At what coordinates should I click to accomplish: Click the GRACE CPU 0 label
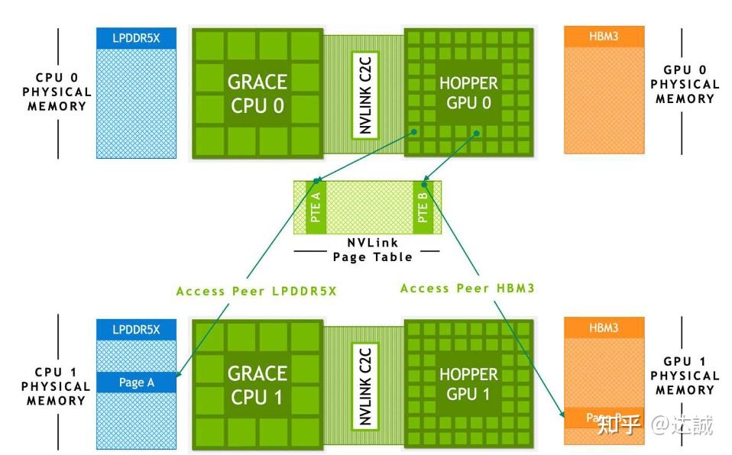(x=257, y=93)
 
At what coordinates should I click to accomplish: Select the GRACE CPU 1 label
(x=257, y=385)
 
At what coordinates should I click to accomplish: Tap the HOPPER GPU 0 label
(x=468, y=93)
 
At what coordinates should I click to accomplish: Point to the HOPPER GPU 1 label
(x=468, y=385)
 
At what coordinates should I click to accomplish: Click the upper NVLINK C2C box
(x=365, y=93)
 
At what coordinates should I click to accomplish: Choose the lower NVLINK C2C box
(x=365, y=385)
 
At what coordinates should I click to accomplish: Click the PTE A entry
(x=316, y=207)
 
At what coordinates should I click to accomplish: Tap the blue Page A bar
(x=136, y=382)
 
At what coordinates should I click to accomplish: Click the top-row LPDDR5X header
(x=136, y=37)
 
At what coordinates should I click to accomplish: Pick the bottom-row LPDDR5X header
(x=136, y=329)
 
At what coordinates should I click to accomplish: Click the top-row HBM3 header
(x=604, y=36)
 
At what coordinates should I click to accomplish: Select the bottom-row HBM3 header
(x=604, y=328)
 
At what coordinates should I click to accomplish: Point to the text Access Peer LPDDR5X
(x=256, y=291)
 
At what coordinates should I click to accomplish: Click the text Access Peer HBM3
(x=467, y=288)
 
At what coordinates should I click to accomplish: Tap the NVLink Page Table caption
(x=372, y=250)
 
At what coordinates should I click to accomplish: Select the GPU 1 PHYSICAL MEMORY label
(x=685, y=376)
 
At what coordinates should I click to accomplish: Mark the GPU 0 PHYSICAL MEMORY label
(x=685, y=84)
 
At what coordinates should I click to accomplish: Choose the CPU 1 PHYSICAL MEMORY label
(x=57, y=386)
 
